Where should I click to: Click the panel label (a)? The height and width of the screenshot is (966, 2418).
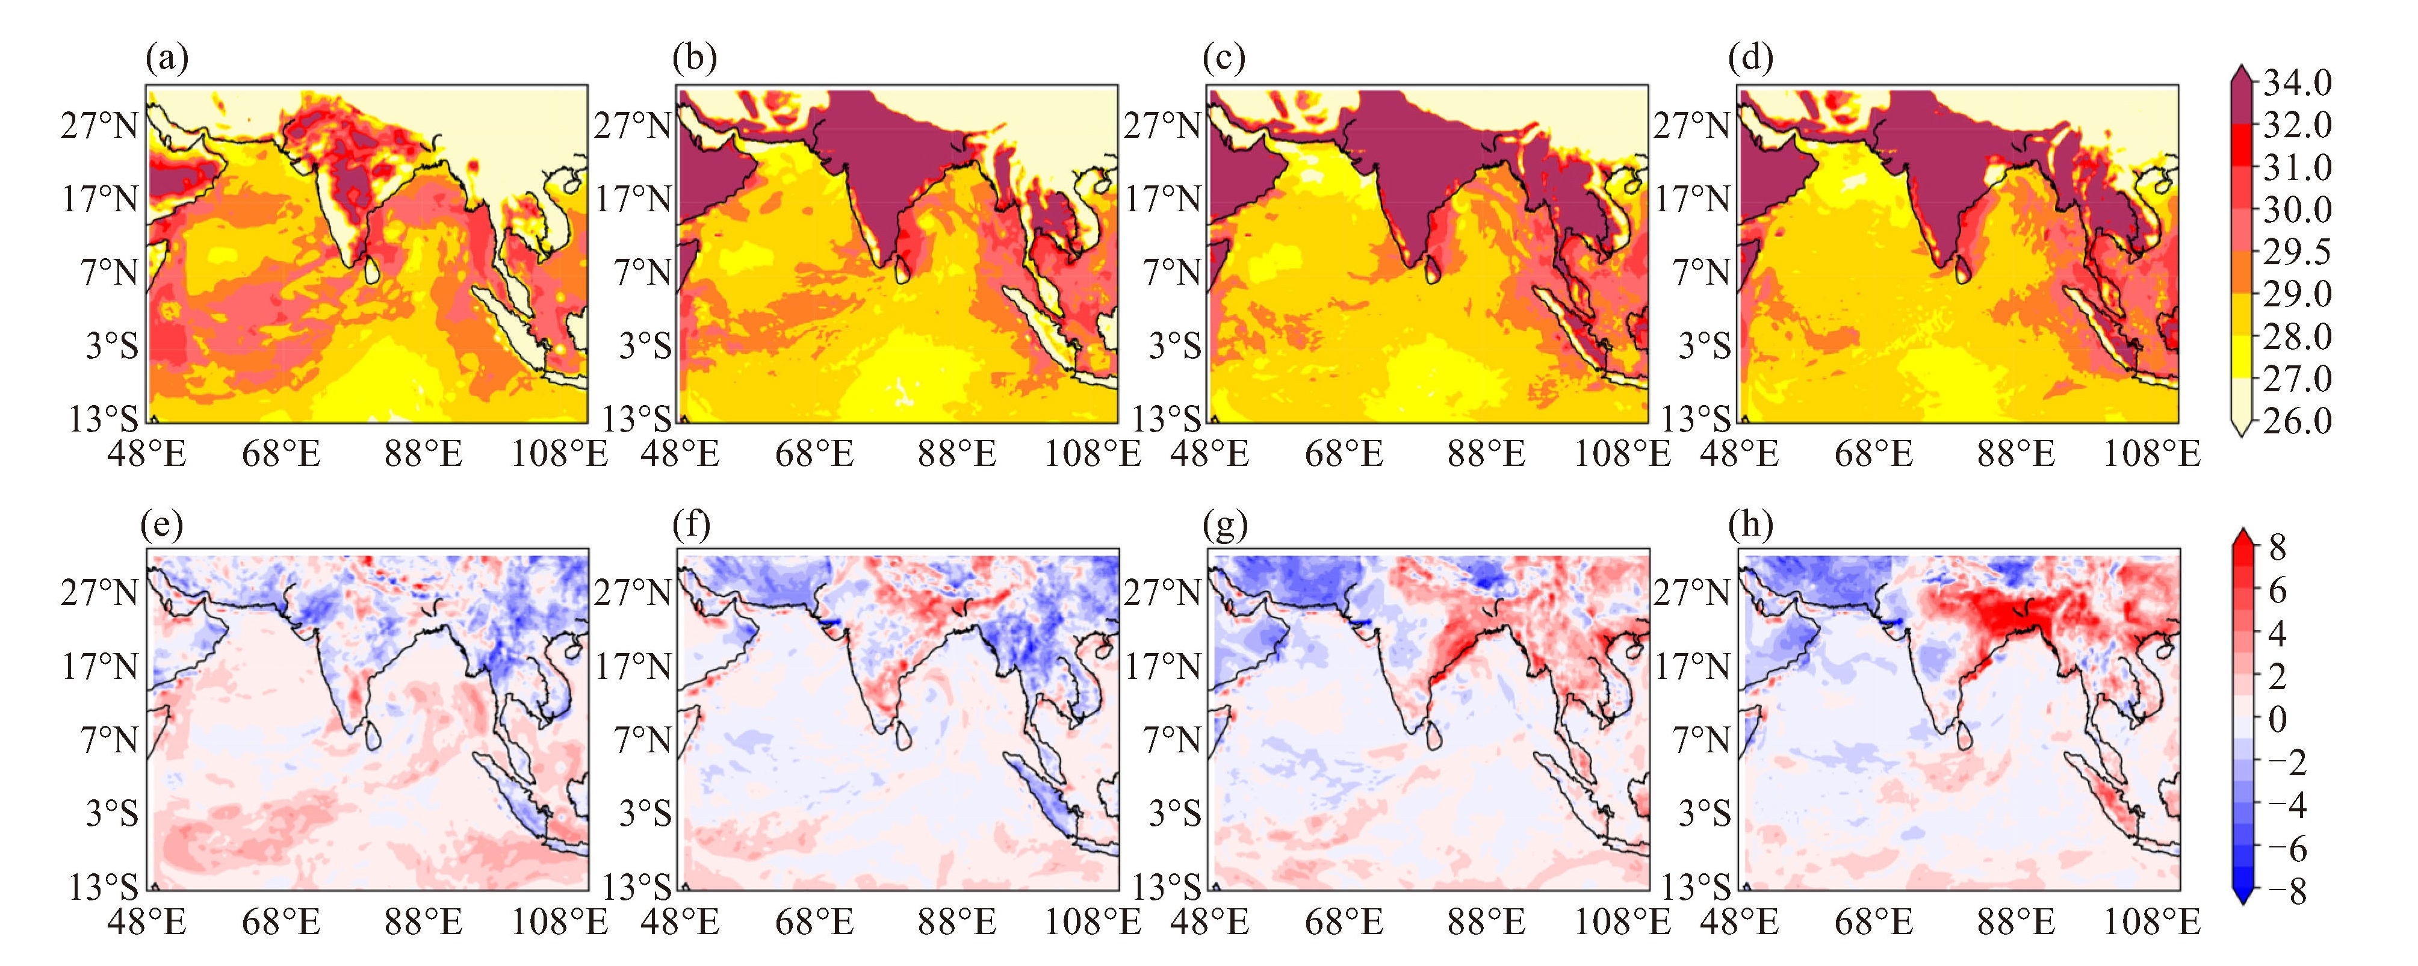click(167, 59)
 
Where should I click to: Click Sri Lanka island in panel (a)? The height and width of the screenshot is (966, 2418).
click(372, 270)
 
